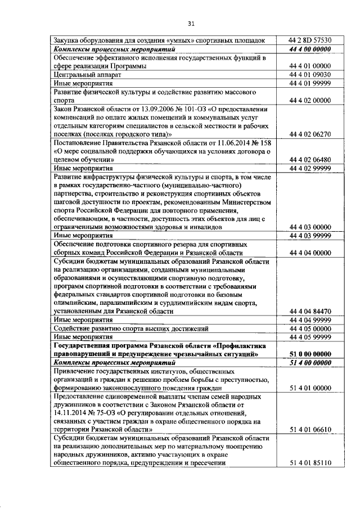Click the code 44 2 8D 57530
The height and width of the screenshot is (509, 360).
[310, 40]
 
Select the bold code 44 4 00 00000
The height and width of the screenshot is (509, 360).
[310, 49]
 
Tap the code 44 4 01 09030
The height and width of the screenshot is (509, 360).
[310, 74]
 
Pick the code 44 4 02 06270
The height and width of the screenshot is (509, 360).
[310, 134]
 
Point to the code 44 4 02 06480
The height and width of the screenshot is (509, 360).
[310, 159]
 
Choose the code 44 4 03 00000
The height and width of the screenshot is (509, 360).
[310, 227]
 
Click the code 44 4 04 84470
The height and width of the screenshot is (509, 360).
[310, 311]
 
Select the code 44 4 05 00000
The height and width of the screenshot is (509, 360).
[310, 328]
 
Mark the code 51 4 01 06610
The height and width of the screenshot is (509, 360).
[310, 430]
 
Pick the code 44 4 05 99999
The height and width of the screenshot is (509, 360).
[310, 336]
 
